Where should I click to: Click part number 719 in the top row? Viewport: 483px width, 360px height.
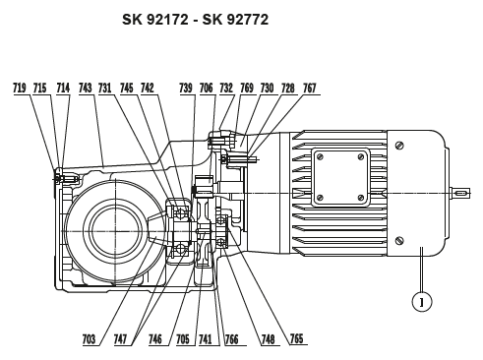point(20,89)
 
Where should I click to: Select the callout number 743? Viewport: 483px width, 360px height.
point(86,89)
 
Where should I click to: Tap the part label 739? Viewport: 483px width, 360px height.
point(187,89)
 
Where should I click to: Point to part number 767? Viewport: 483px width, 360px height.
point(310,89)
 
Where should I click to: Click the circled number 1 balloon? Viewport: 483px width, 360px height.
point(420,303)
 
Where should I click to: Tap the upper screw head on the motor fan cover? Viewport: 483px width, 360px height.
point(398,146)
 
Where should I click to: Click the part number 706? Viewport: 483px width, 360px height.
point(206,89)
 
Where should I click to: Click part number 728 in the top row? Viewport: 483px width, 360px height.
point(287,89)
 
